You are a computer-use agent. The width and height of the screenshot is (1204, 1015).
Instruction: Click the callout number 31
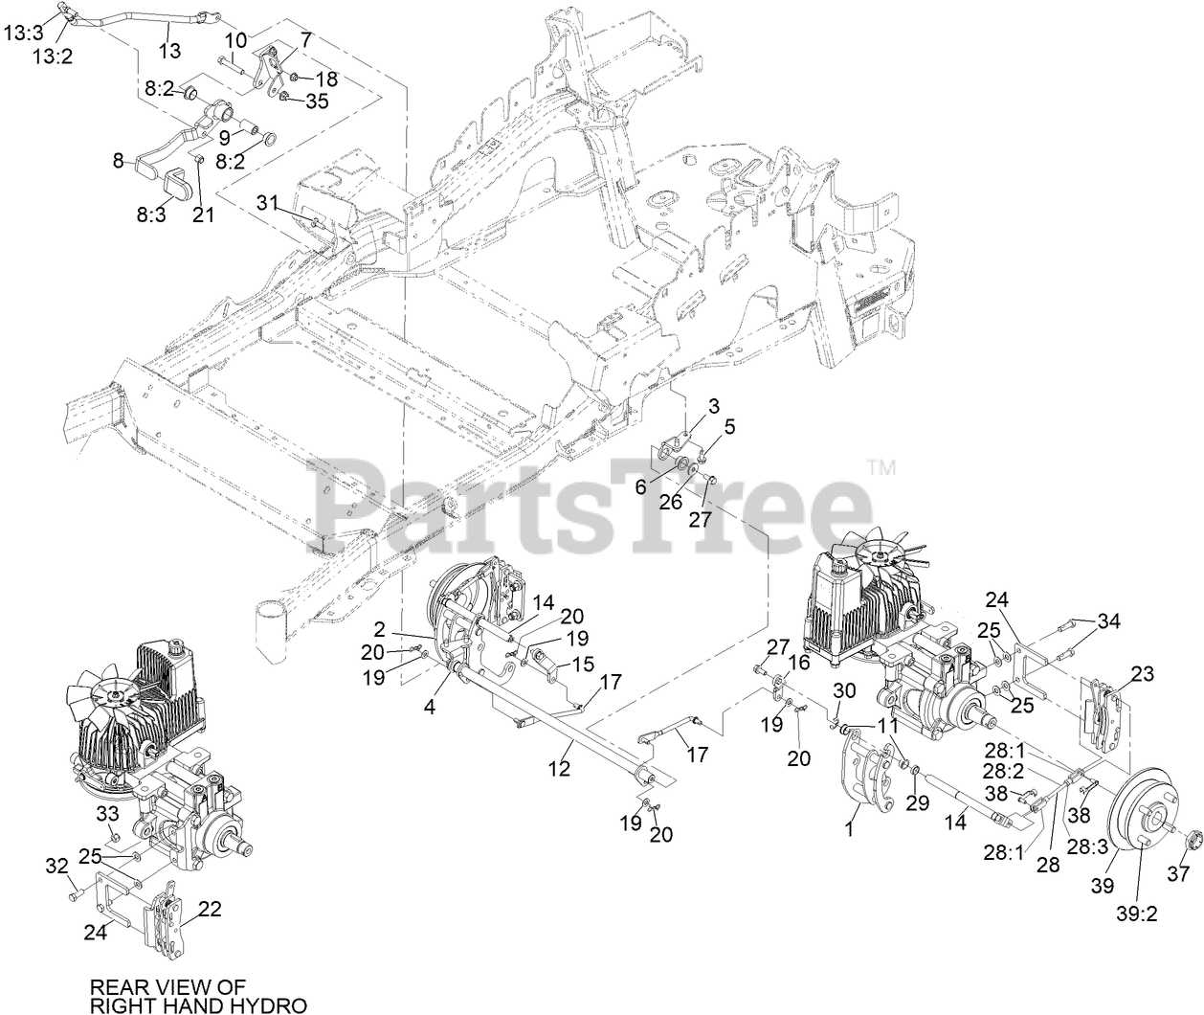tap(267, 202)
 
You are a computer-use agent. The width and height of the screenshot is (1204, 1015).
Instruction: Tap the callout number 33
tap(109, 814)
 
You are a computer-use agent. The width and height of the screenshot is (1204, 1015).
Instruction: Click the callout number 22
tap(210, 909)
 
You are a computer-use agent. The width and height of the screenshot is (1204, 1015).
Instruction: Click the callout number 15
tap(582, 665)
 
